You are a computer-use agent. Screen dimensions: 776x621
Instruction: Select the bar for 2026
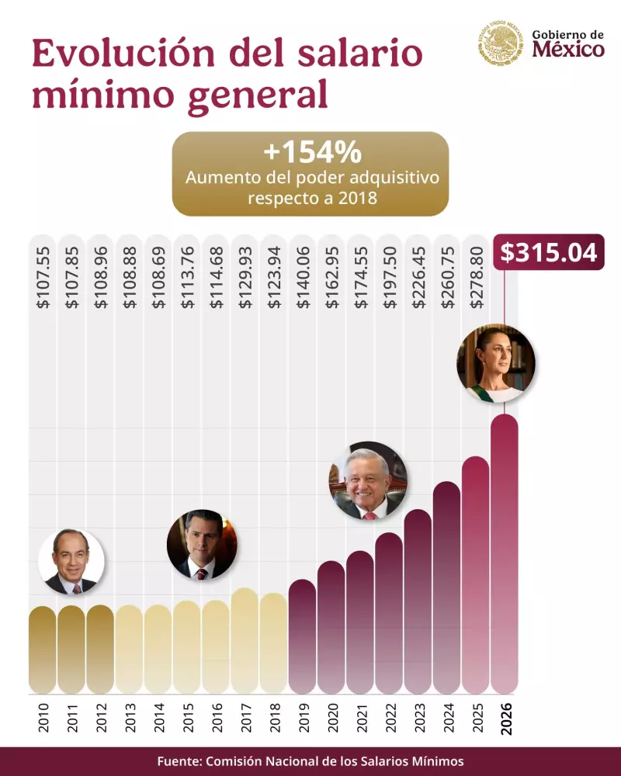(x=505, y=555)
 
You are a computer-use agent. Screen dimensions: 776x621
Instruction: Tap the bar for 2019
(x=302, y=636)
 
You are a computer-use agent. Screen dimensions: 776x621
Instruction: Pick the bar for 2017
(x=245, y=641)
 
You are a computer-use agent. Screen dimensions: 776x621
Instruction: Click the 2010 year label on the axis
(x=43, y=718)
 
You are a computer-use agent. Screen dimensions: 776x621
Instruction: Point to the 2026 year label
(x=505, y=718)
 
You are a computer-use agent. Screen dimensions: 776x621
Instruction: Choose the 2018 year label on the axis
(x=273, y=718)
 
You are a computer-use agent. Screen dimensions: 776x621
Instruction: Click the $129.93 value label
(x=245, y=279)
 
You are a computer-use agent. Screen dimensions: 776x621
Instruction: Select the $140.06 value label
(x=303, y=279)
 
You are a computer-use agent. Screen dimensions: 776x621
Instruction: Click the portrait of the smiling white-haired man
(x=368, y=481)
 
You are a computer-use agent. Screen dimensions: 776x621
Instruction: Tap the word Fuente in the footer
(x=179, y=760)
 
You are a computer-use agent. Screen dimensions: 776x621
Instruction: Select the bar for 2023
(x=418, y=601)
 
